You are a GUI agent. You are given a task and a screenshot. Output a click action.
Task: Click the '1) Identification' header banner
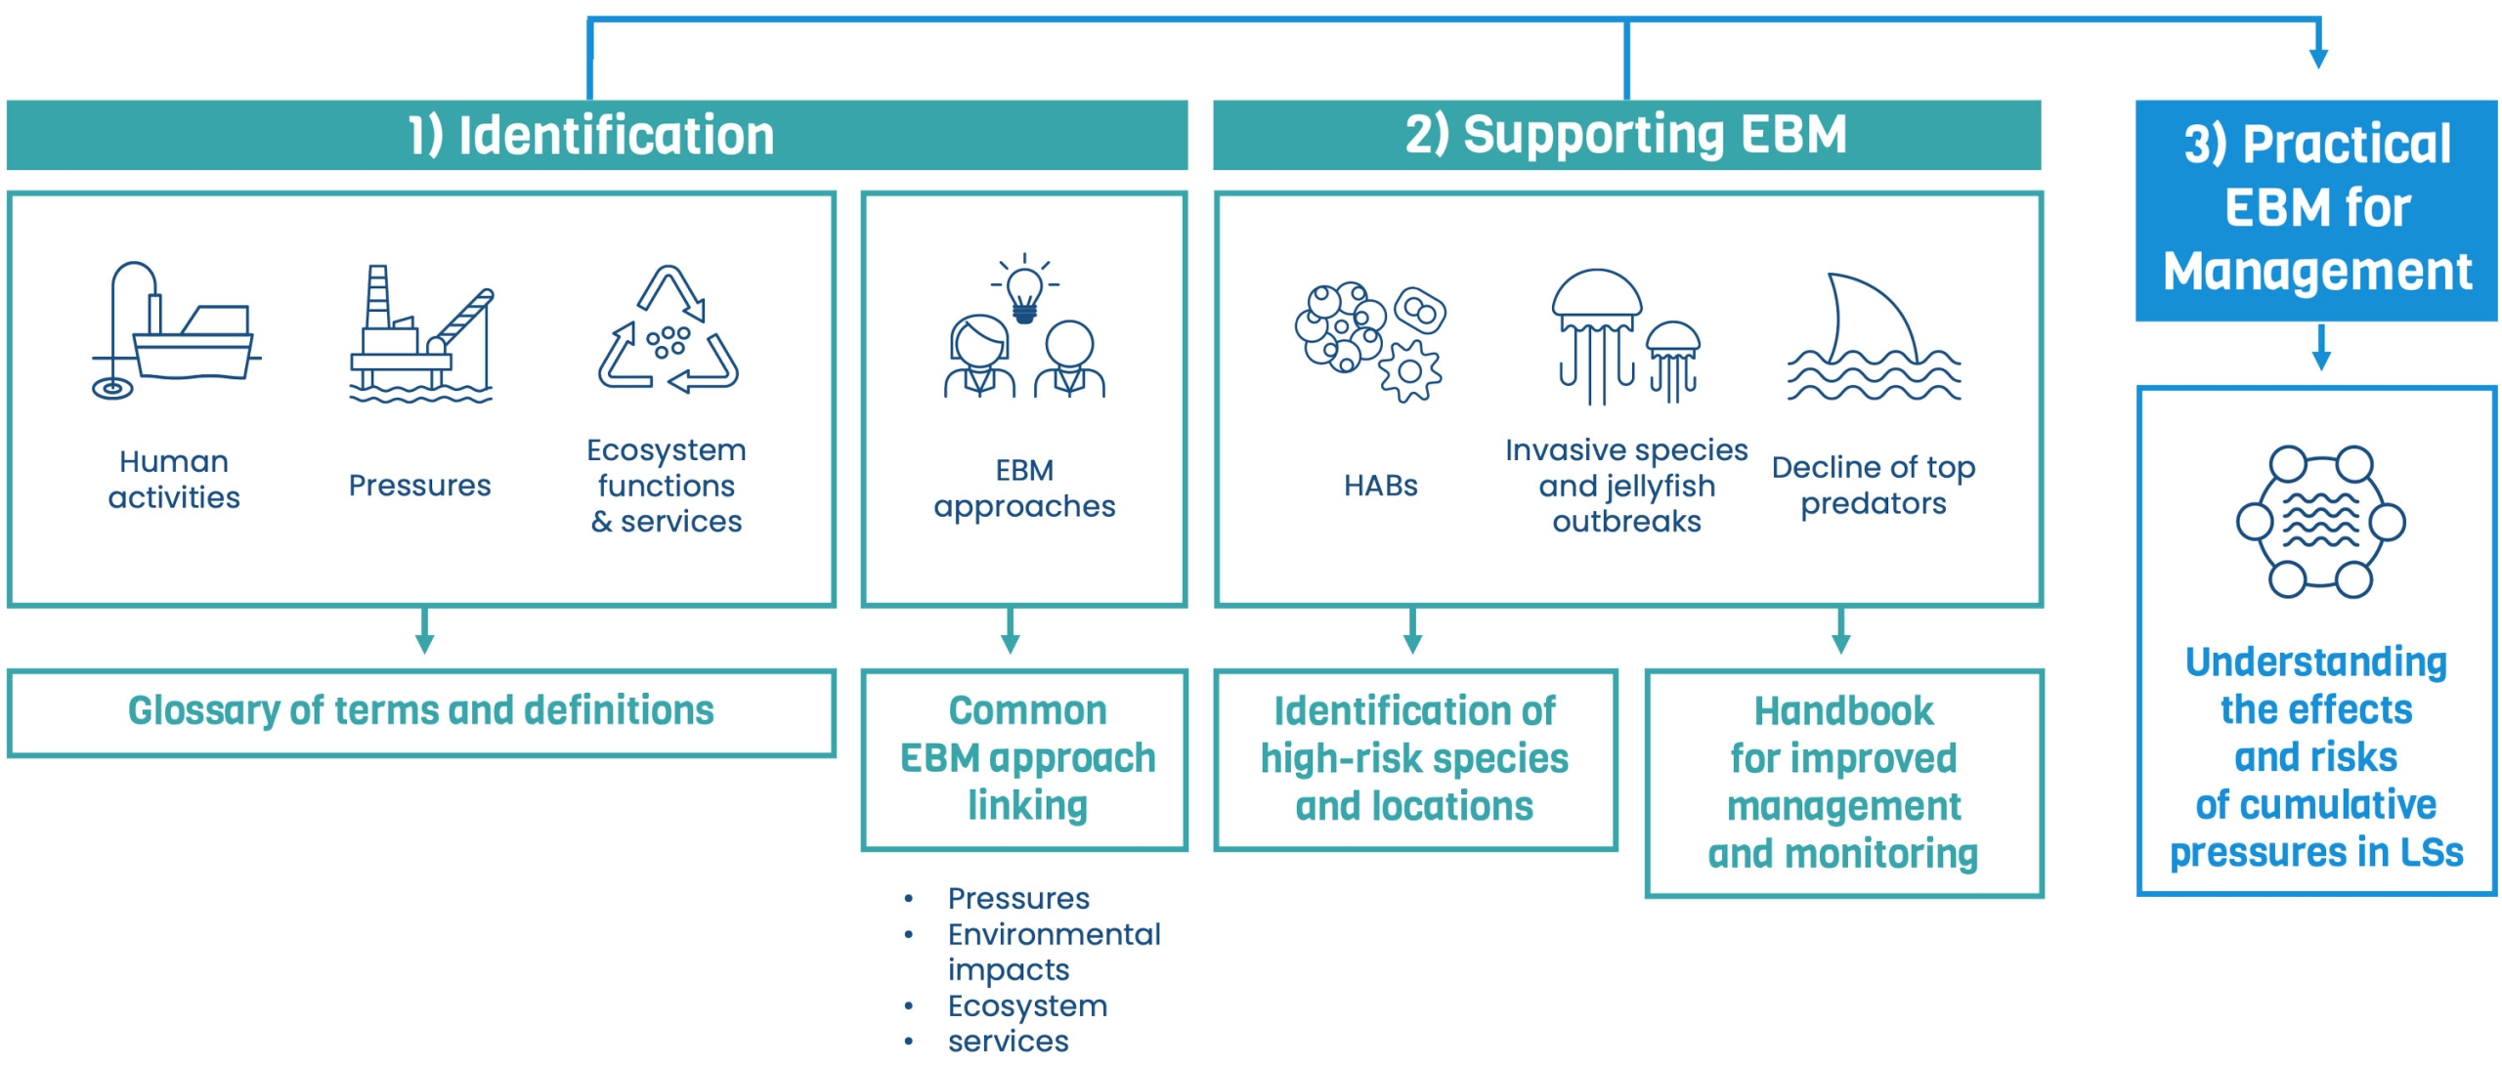596,135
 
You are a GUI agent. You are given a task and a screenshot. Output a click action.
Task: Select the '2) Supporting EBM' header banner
1626,135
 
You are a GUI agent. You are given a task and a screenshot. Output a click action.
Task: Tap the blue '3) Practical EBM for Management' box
2316,209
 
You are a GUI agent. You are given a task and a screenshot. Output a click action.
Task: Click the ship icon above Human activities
176,332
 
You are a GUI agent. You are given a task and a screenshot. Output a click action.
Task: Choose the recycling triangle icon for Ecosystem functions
669,332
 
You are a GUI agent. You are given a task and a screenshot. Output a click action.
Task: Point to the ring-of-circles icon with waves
2320,522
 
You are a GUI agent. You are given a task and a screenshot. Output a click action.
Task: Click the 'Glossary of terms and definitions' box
421,712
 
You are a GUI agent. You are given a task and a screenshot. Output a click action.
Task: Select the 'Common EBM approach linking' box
1024,759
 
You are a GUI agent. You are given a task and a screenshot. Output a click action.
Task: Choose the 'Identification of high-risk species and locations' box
1414,759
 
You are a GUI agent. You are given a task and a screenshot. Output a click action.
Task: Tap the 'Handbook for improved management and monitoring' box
1843,783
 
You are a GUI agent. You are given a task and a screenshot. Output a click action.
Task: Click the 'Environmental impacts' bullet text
1054,952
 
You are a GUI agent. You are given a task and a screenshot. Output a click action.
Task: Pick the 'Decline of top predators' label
1873,486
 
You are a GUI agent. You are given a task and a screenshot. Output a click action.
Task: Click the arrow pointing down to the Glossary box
424,632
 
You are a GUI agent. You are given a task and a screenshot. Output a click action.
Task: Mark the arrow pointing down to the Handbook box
1841,632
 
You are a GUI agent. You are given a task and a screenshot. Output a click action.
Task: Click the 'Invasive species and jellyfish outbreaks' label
1626,486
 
